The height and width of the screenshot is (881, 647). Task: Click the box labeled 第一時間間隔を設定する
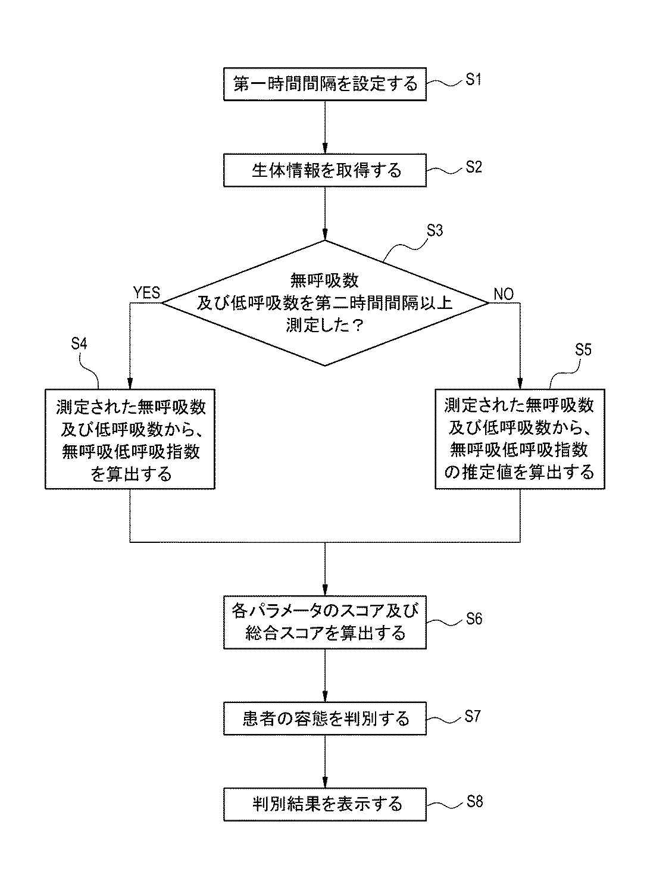click(325, 84)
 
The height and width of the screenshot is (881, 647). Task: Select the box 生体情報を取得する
click(325, 171)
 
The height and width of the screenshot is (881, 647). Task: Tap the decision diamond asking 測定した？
click(325, 302)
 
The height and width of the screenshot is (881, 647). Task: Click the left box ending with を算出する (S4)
click(130, 439)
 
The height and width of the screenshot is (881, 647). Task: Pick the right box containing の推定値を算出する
click(520, 439)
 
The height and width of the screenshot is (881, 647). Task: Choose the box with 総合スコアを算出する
click(325, 621)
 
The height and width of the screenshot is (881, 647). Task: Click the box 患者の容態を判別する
click(325, 718)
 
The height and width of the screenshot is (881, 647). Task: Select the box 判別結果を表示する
click(325, 804)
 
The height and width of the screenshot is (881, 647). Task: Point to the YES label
click(146, 292)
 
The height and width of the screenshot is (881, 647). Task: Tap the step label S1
click(473, 80)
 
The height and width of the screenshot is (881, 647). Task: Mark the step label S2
click(473, 167)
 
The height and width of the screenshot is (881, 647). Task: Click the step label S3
click(435, 231)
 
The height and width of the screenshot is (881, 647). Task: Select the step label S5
click(583, 350)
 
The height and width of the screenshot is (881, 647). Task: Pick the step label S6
click(473, 618)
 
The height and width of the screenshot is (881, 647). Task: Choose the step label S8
click(473, 801)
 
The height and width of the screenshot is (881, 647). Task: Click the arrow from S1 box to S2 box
click(325, 127)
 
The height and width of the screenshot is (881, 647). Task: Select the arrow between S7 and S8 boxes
click(325, 761)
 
